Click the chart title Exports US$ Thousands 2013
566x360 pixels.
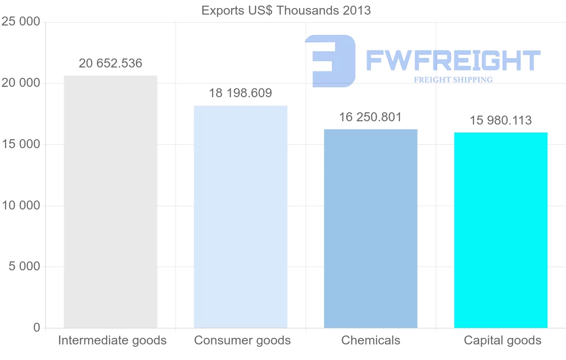(286, 10)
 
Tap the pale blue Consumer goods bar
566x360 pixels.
(241, 217)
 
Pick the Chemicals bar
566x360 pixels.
(371, 228)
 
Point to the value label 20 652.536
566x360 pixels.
(110, 64)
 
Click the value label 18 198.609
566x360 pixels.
(241, 93)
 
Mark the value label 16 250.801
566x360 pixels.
(371, 117)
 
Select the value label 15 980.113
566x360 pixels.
(501, 121)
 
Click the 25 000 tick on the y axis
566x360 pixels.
(21, 22)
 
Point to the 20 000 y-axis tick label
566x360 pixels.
(21, 83)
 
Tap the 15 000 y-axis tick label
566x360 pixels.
(21, 144)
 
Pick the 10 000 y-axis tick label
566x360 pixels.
(21, 206)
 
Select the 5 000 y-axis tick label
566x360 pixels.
(25, 267)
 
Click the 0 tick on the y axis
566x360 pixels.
(37, 327)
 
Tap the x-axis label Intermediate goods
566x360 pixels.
(112, 341)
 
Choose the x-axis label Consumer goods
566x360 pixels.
(242, 341)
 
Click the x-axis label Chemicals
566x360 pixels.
(371, 341)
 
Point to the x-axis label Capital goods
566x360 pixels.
(503, 341)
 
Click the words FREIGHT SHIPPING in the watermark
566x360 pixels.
(453, 80)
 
